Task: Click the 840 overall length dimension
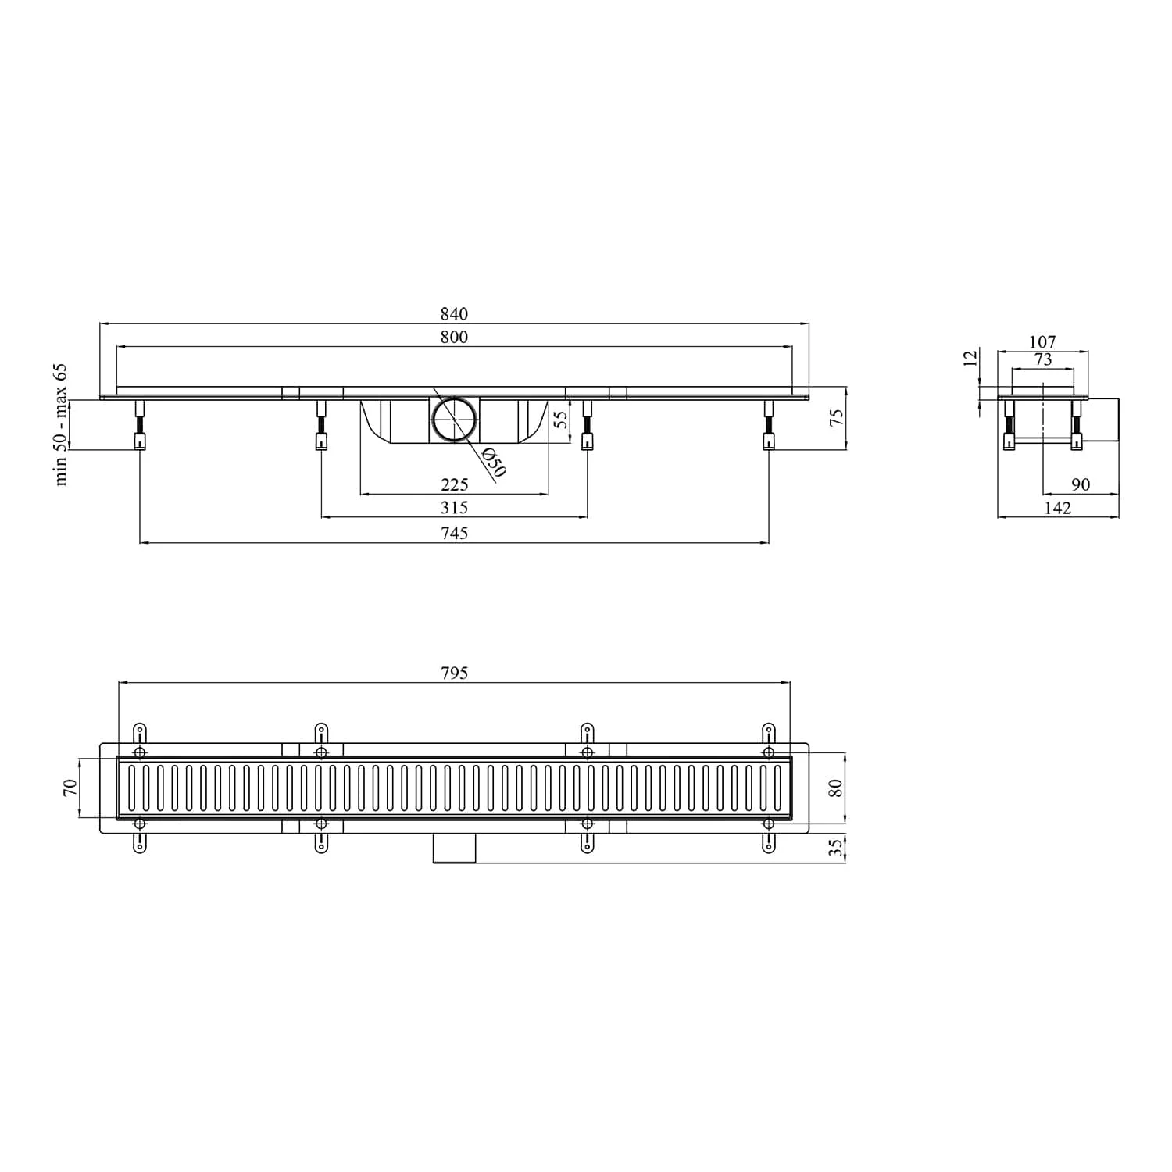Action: (454, 314)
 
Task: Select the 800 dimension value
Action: (454, 337)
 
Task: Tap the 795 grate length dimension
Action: (454, 673)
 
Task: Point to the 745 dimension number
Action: (454, 533)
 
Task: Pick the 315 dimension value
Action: (454, 508)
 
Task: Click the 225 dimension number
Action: (454, 485)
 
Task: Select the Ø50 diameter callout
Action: (494, 462)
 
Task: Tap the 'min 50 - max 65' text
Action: (61, 424)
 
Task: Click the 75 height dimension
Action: (836, 418)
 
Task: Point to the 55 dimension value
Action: (560, 420)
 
